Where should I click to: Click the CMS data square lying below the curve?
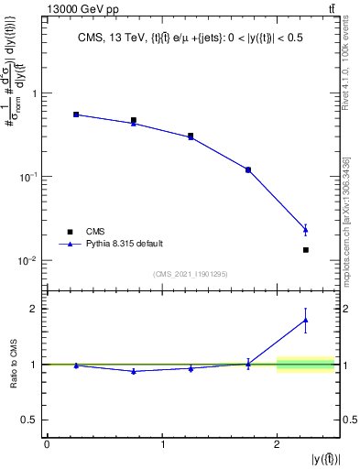[x=306, y=249]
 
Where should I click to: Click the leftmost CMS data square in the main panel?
[x=76, y=115]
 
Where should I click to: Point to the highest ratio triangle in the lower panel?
[x=306, y=320]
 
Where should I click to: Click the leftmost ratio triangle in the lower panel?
[x=76, y=365]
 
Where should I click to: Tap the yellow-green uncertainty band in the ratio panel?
[x=305, y=365]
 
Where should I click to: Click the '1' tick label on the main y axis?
[x=34, y=93]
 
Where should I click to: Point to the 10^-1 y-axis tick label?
[x=29, y=176]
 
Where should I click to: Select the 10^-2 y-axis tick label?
[x=29, y=260]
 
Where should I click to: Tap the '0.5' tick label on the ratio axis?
[x=33, y=420]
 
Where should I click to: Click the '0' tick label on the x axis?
[x=47, y=445]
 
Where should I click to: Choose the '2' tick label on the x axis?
[x=277, y=445]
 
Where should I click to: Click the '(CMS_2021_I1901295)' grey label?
[x=191, y=274]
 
